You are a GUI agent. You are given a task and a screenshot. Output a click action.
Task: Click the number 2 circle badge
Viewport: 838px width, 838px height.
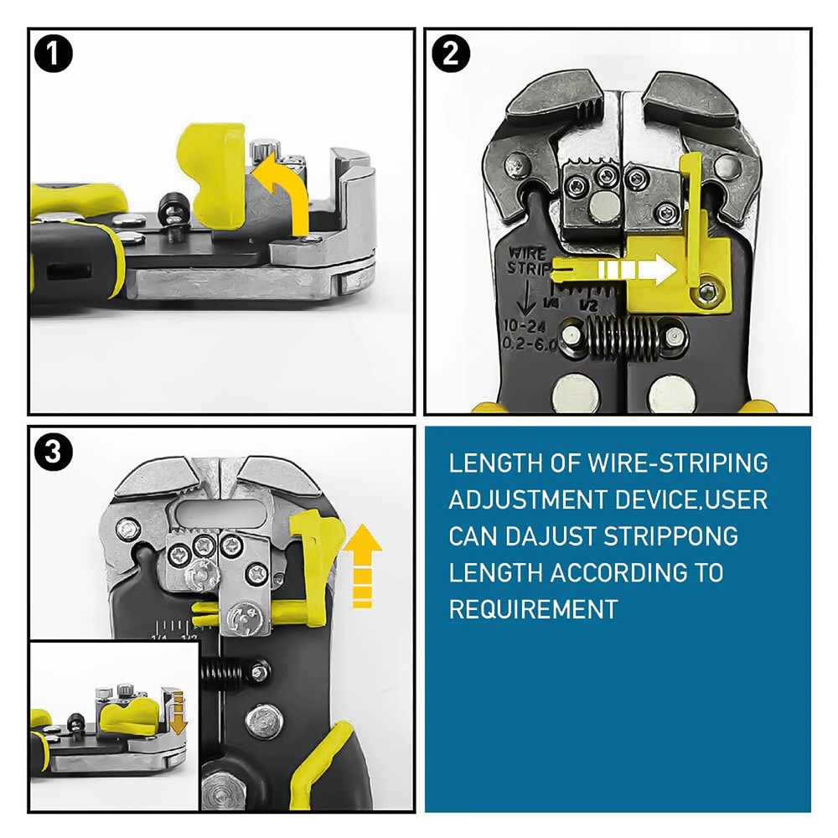451,54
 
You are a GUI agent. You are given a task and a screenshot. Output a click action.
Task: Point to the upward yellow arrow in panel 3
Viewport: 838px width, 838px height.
362,566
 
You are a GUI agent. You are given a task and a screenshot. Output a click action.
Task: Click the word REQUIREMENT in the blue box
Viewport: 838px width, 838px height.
533,609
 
